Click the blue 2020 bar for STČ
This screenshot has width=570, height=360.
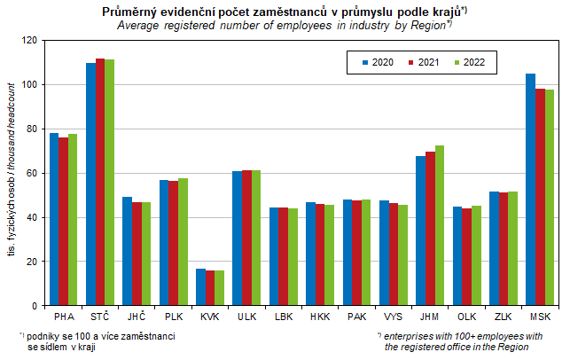[90, 184]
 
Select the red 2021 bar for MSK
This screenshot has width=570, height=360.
[540, 197]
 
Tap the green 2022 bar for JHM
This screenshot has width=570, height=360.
[439, 225]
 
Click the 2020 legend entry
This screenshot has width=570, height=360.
[377, 62]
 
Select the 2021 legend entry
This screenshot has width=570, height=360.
[423, 62]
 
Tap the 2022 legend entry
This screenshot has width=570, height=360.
[469, 62]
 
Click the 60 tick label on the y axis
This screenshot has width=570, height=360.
[32, 173]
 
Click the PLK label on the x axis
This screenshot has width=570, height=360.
[173, 317]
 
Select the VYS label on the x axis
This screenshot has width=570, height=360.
[393, 317]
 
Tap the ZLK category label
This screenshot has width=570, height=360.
[503, 317]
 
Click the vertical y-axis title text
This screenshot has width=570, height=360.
[12, 173]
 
